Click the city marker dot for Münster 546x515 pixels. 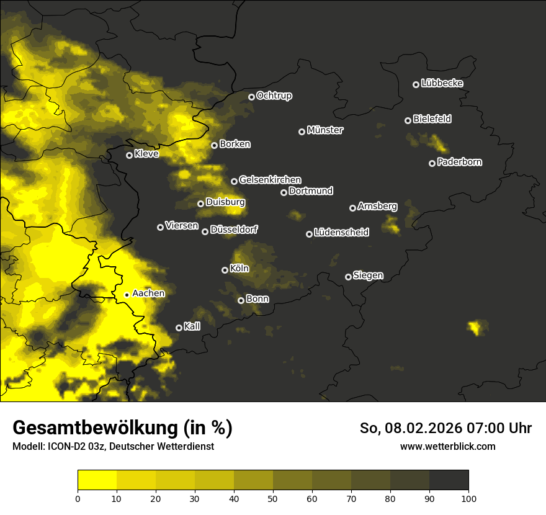pos(302,132)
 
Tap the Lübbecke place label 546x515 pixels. pos(442,83)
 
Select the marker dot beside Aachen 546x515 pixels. pos(127,295)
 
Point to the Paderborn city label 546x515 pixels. pos(459,162)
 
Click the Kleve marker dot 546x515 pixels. pos(129,155)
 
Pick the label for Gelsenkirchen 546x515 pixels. pos(270,180)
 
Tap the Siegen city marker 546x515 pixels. pos(348,277)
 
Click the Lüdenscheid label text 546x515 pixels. pos(341,232)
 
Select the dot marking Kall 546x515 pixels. pos(179,328)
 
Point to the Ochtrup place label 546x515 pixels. pos(274,96)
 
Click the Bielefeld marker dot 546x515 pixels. pos(408,120)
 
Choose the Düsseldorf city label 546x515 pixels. pos(234,230)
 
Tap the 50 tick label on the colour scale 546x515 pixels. pos(273,498)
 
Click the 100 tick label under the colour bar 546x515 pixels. pos(468,498)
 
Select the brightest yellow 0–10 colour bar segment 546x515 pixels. pos(97,480)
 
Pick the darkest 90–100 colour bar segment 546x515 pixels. pos(449,480)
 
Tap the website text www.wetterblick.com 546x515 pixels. pos(447,446)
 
